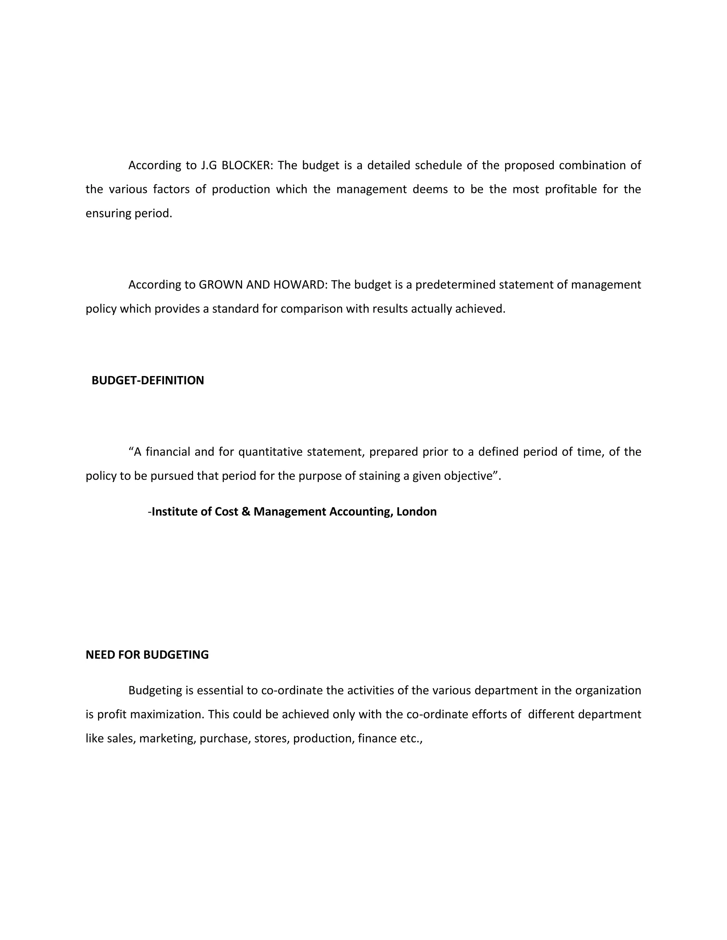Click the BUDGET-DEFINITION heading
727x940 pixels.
[x=148, y=381]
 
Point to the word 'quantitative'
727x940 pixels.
[x=270, y=452]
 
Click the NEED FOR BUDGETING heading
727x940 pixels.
[x=147, y=655]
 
